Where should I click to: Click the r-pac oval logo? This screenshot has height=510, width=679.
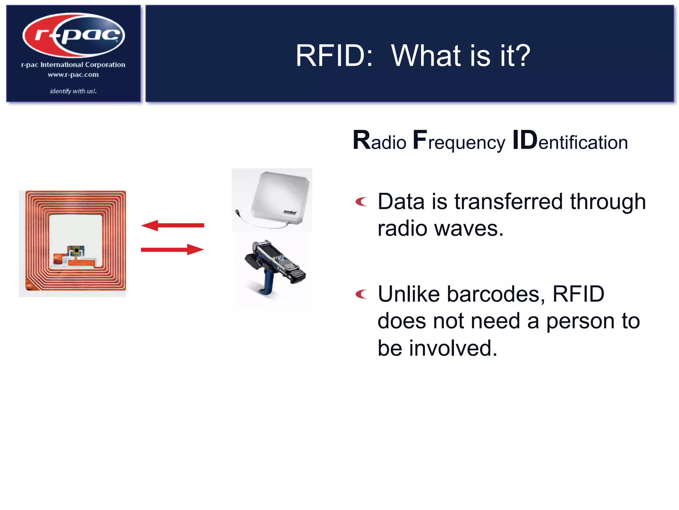click(x=74, y=35)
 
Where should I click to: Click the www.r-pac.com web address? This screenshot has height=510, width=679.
click(x=73, y=75)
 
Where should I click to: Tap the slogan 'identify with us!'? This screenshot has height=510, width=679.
click(x=73, y=91)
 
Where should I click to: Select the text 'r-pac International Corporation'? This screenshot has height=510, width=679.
click(x=73, y=65)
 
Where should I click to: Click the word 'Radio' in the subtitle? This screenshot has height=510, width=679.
click(x=380, y=141)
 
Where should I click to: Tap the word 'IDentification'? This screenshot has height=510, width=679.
click(x=570, y=141)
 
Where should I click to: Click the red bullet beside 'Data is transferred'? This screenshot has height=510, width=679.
click(x=361, y=202)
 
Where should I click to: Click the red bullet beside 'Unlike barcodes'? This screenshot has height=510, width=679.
click(x=361, y=294)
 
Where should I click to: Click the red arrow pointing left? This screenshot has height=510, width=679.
click(x=172, y=225)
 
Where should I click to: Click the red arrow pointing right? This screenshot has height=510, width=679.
click(x=172, y=249)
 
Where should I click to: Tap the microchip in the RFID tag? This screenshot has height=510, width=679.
click(x=76, y=251)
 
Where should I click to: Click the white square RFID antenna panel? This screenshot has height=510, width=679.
click(x=280, y=198)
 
